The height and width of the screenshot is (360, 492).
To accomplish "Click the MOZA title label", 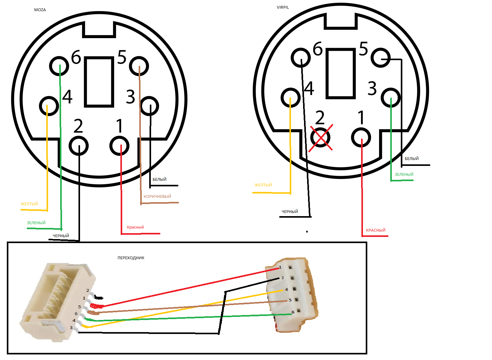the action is point(40,10).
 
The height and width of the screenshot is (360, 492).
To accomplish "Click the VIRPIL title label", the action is point(283,7).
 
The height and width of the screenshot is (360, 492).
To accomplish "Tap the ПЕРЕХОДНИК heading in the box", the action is point(131,258).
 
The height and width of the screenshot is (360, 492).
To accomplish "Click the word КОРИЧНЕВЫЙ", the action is point(158,197).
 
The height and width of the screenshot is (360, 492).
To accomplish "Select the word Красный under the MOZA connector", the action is point(136,228).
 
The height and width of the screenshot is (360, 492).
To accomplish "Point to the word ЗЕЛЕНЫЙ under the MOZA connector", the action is point(36,223).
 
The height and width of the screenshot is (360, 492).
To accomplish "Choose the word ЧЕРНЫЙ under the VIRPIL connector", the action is point(290,212).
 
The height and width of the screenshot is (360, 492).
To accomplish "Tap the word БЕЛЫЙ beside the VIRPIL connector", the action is point(412,159).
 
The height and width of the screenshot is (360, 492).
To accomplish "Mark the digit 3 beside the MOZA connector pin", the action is point(131,97).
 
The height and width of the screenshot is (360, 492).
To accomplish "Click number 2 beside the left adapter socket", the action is point(88,291).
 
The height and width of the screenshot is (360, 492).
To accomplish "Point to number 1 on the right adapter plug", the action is point(280,268).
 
